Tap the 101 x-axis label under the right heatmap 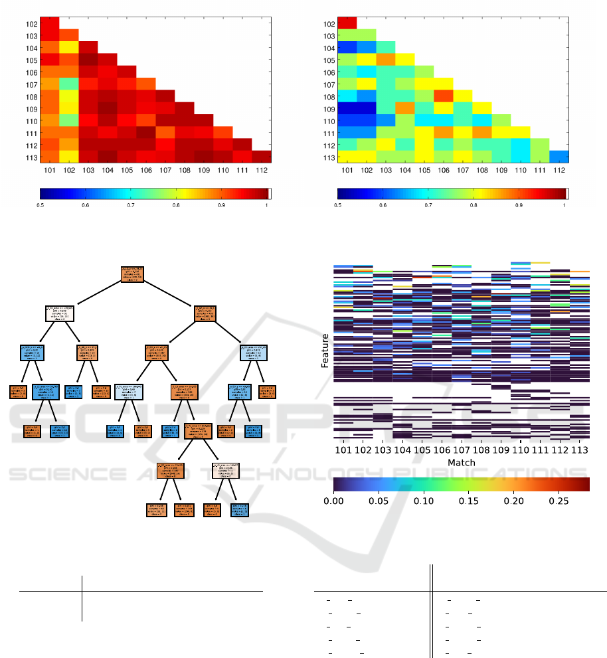coord(347,169)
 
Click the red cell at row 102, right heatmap coord(347,24)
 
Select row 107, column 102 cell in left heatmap coord(69,84)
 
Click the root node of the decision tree coord(132,274)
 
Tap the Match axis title coord(461,462)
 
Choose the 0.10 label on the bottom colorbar coord(424,501)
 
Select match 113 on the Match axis coord(579,450)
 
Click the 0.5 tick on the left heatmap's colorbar coord(40,205)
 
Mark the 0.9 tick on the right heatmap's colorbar coord(519,205)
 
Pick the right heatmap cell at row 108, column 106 coord(444,96)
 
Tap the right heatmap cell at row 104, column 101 coord(347,48)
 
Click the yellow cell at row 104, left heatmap coord(69,48)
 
